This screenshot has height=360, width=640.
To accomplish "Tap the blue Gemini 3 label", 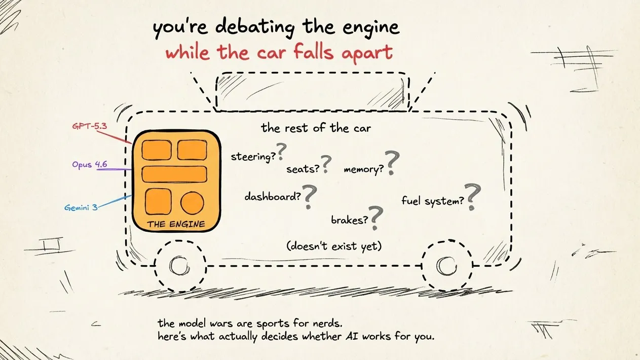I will point(81,207).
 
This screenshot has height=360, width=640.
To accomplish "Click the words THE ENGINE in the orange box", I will point(176,224).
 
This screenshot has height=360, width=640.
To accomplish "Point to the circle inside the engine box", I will point(193,203).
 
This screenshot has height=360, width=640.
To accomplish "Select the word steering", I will point(250,156).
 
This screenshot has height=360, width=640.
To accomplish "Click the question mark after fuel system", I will point(473,197).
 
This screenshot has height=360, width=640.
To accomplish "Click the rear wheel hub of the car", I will point(446,265).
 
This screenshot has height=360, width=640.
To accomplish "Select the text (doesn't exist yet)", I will point(333,246).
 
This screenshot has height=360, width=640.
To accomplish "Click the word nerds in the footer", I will point(333,323).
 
